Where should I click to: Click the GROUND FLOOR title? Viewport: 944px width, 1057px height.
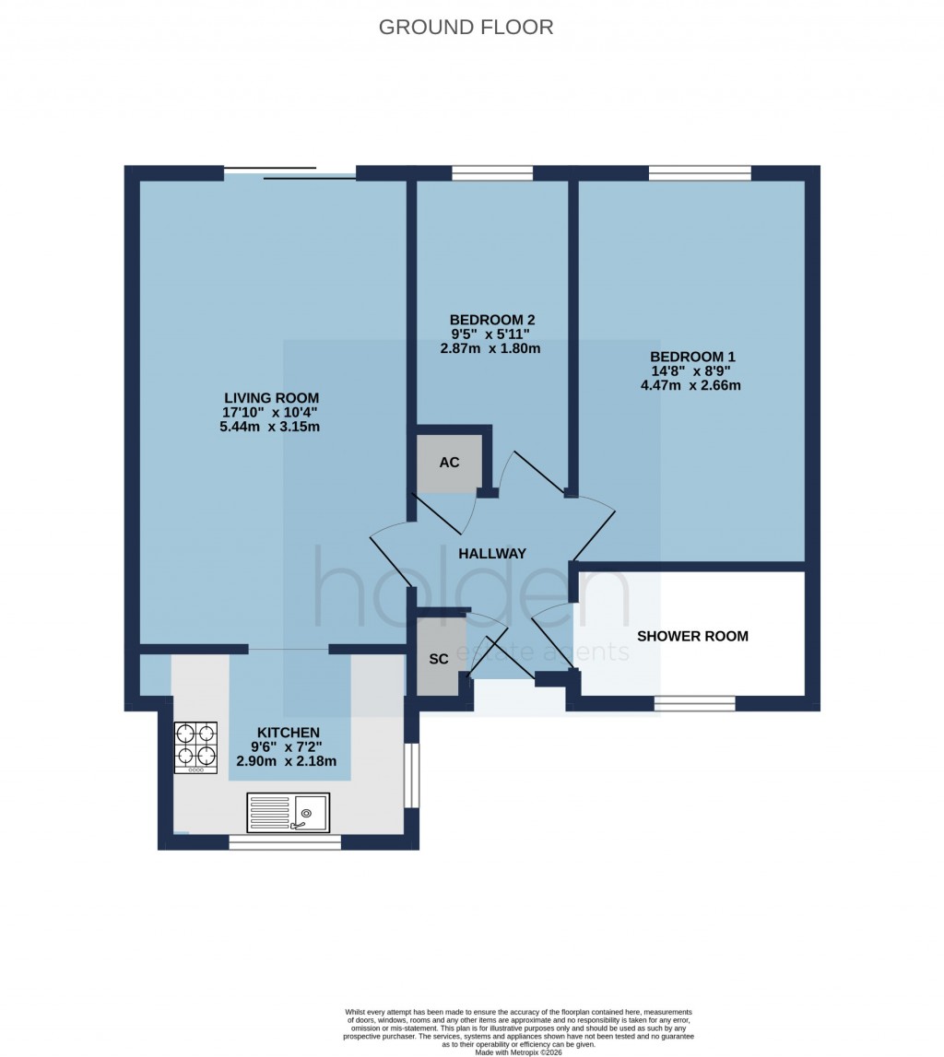pyautogui.click(x=466, y=27)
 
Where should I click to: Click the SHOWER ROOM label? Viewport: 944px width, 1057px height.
pyautogui.click(x=692, y=636)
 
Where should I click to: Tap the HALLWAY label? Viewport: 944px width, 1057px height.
pyautogui.click(x=492, y=553)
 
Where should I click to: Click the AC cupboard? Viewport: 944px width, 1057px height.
pyautogui.click(x=449, y=462)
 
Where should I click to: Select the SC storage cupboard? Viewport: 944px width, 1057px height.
pyautogui.click(x=439, y=658)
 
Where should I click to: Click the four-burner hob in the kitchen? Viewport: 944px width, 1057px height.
pyautogui.click(x=195, y=746)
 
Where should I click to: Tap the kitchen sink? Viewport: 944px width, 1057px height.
pyautogui.click(x=288, y=812)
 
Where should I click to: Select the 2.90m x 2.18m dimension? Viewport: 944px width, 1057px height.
pyautogui.click(x=287, y=761)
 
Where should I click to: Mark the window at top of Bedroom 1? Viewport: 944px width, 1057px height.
pyautogui.click(x=700, y=172)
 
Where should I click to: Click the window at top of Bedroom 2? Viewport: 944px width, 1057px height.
pyautogui.click(x=492, y=172)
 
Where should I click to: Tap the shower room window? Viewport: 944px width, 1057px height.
pyautogui.click(x=695, y=703)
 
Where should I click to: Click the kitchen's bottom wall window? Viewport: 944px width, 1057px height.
pyautogui.click(x=285, y=841)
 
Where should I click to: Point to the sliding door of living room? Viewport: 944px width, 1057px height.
pyautogui.click(x=289, y=173)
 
